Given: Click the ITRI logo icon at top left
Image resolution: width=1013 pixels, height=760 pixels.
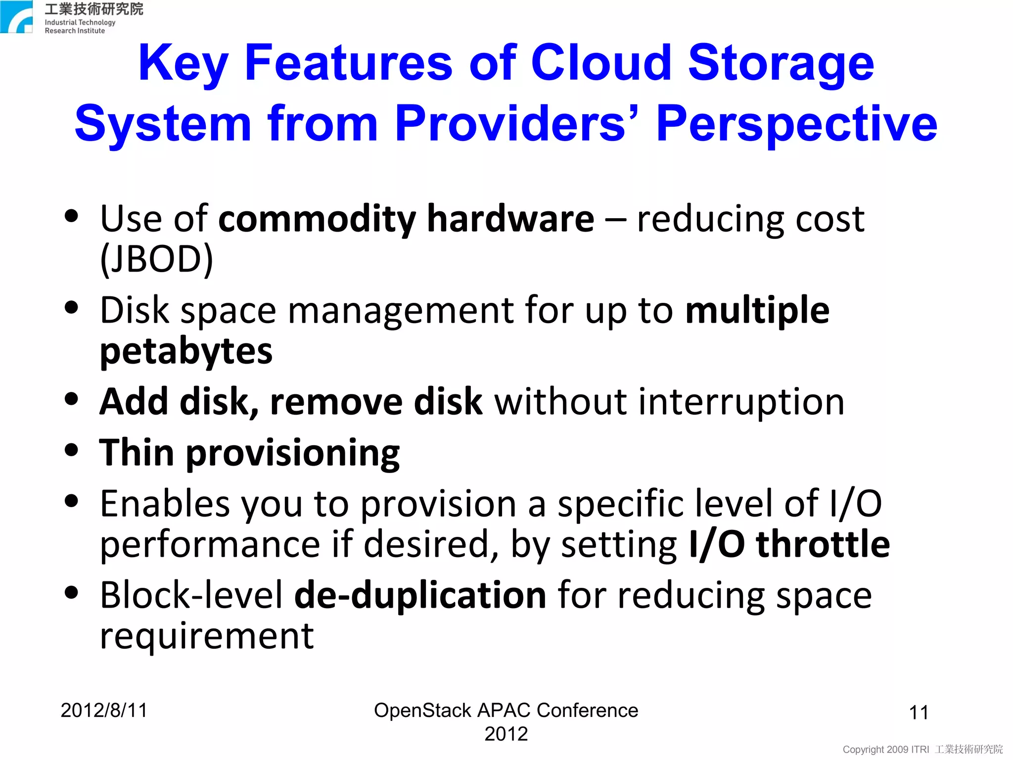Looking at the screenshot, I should point(16,17).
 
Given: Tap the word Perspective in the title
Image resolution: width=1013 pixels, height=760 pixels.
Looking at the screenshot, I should point(796,124).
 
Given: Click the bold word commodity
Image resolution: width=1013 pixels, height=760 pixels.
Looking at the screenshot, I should point(317,219).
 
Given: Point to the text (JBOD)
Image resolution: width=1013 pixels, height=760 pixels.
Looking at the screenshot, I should point(156,259).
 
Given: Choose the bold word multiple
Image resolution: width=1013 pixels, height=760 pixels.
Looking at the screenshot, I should point(757,311).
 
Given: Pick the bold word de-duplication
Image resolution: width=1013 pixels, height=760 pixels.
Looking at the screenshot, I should point(420,595).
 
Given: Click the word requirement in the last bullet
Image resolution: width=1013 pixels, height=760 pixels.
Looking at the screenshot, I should point(207,636).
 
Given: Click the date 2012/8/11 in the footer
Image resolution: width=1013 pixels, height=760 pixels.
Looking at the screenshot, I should point(104,711).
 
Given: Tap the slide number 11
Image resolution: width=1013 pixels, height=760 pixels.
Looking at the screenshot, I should point(919,712).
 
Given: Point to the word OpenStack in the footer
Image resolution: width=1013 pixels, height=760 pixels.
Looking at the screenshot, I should point(422,711).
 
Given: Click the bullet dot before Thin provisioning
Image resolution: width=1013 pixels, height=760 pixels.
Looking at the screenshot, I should point(72,450).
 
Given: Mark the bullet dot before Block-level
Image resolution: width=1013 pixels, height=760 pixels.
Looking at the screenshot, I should point(72,592).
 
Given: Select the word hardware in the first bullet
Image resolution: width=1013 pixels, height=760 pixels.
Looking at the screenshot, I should point(510,219).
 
